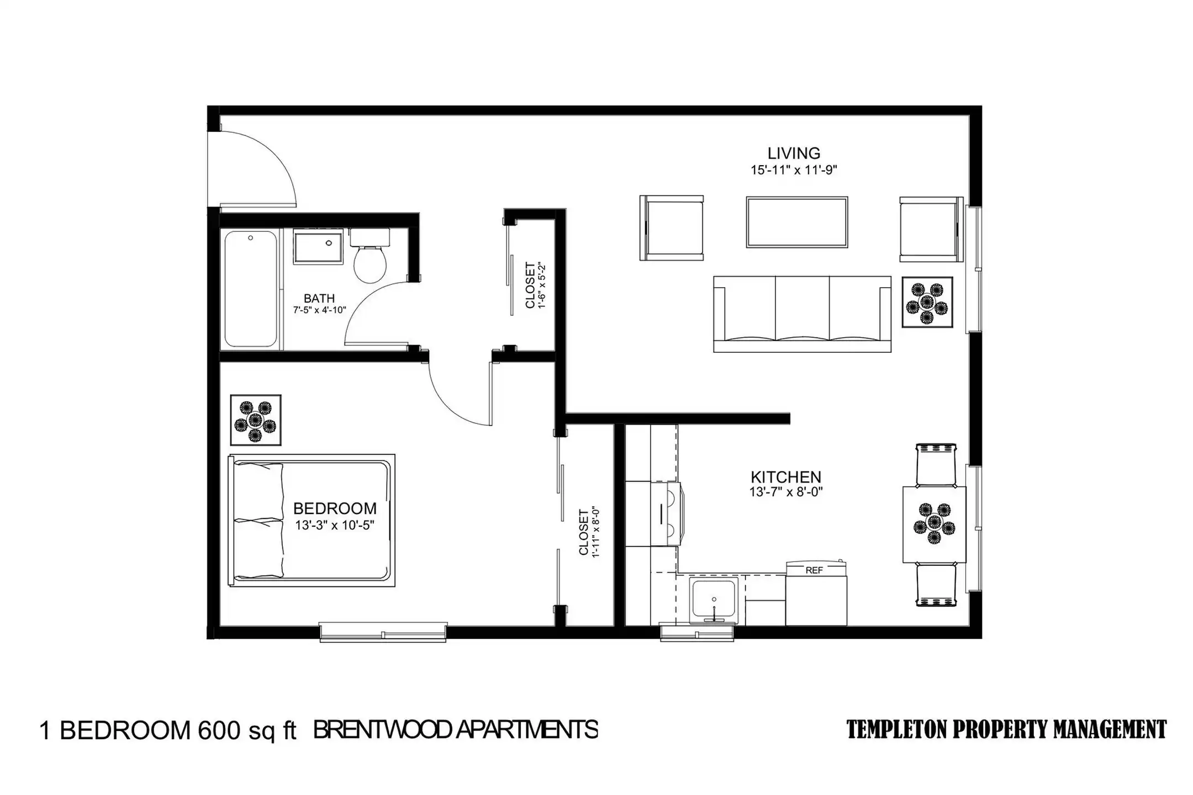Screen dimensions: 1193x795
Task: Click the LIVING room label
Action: pyautogui.click(x=794, y=153)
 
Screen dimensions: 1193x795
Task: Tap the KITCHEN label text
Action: pyautogui.click(x=785, y=476)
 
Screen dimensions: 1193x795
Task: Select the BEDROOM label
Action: pyautogui.click(x=335, y=508)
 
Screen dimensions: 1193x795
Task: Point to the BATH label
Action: pyautogui.click(x=319, y=299)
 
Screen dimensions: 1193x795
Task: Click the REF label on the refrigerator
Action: pyautogui.click(x=814, y=571)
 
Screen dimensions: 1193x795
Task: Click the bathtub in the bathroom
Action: pyautogui.click(x=251, y=289)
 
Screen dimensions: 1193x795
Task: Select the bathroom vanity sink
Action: pyautogui.click(x=318, y=247)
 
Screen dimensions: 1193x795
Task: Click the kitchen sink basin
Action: pyautogui.click(x=714, y=600)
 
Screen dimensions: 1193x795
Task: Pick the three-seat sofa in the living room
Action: pyautogui.click(x=802, y=314)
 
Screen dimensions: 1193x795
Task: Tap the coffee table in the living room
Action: pyautogui.click(x=797, y=222)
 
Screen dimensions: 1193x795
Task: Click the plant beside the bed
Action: pyautogui.click(x=255, y=420)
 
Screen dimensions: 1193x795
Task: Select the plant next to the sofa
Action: pyautogui.click(x=927, y=303)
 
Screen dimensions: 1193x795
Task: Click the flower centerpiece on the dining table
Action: pyautogui.click(x=934, y=523)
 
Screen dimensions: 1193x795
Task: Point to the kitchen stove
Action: pyautogui.click(x=667, y=513)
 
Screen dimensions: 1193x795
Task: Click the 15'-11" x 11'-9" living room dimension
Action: pyautogui.click(x=794, y=170)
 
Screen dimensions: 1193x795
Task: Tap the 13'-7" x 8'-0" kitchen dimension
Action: pyautogui.click(x=786, y=492)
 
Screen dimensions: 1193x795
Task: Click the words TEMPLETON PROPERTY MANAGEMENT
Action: pyautogui.click(x=1006, y=729)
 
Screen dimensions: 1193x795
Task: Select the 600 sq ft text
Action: pyautogui.click(x=247, y=730)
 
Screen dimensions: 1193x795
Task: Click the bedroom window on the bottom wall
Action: pyautogui.click(x=383, y=632)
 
